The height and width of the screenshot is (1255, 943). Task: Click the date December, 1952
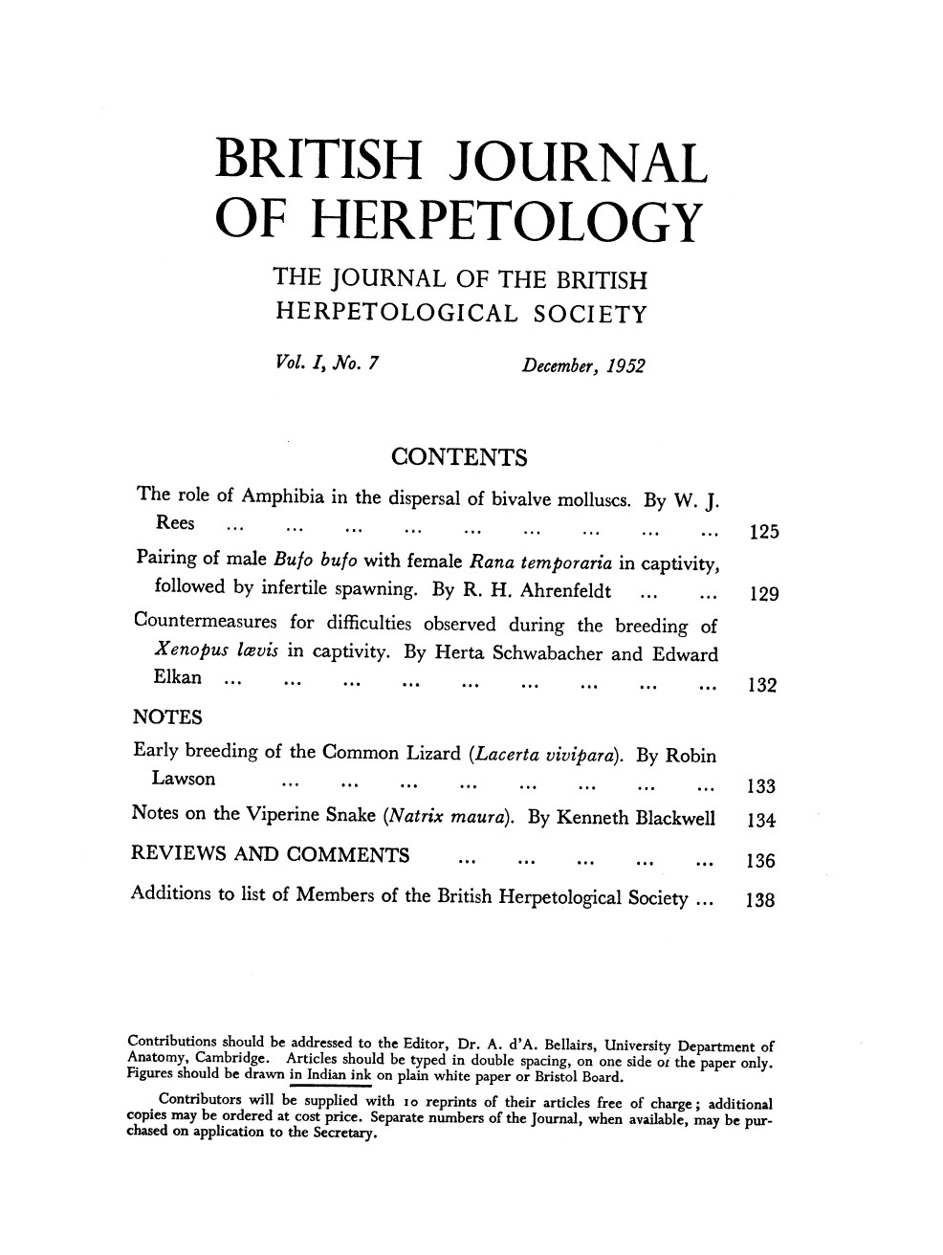[581, 365]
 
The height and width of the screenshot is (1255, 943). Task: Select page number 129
[765, 595]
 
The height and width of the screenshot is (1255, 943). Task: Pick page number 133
[765, 787]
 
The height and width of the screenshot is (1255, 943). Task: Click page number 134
[765, 819]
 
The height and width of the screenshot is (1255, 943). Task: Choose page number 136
[765, 860]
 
